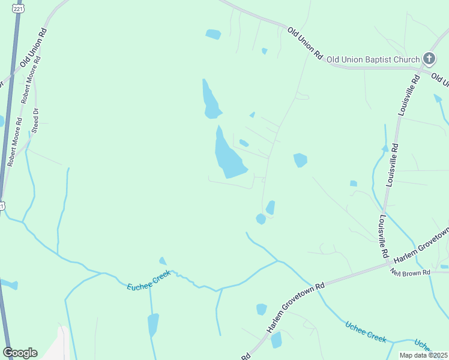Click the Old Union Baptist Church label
pyautogui.click(x=372, y=59)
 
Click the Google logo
pyautogui.click(x=20, y=353)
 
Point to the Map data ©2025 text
pyautogui.click(x=423, y=355)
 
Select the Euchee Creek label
pyautogui.click(x=148, y=281)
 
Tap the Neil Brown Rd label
pyautogui.click(x=409, y=272)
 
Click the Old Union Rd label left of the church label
pyautogui.click(x=305, y=42)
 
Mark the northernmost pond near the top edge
pyautogui.click(x=213, y=34)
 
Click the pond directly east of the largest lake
pyautogui.click(x=300, y=160)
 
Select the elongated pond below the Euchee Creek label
pyautogui.click(x=154, y=325)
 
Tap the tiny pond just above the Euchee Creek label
pyautogui.click(x=162, y=261)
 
